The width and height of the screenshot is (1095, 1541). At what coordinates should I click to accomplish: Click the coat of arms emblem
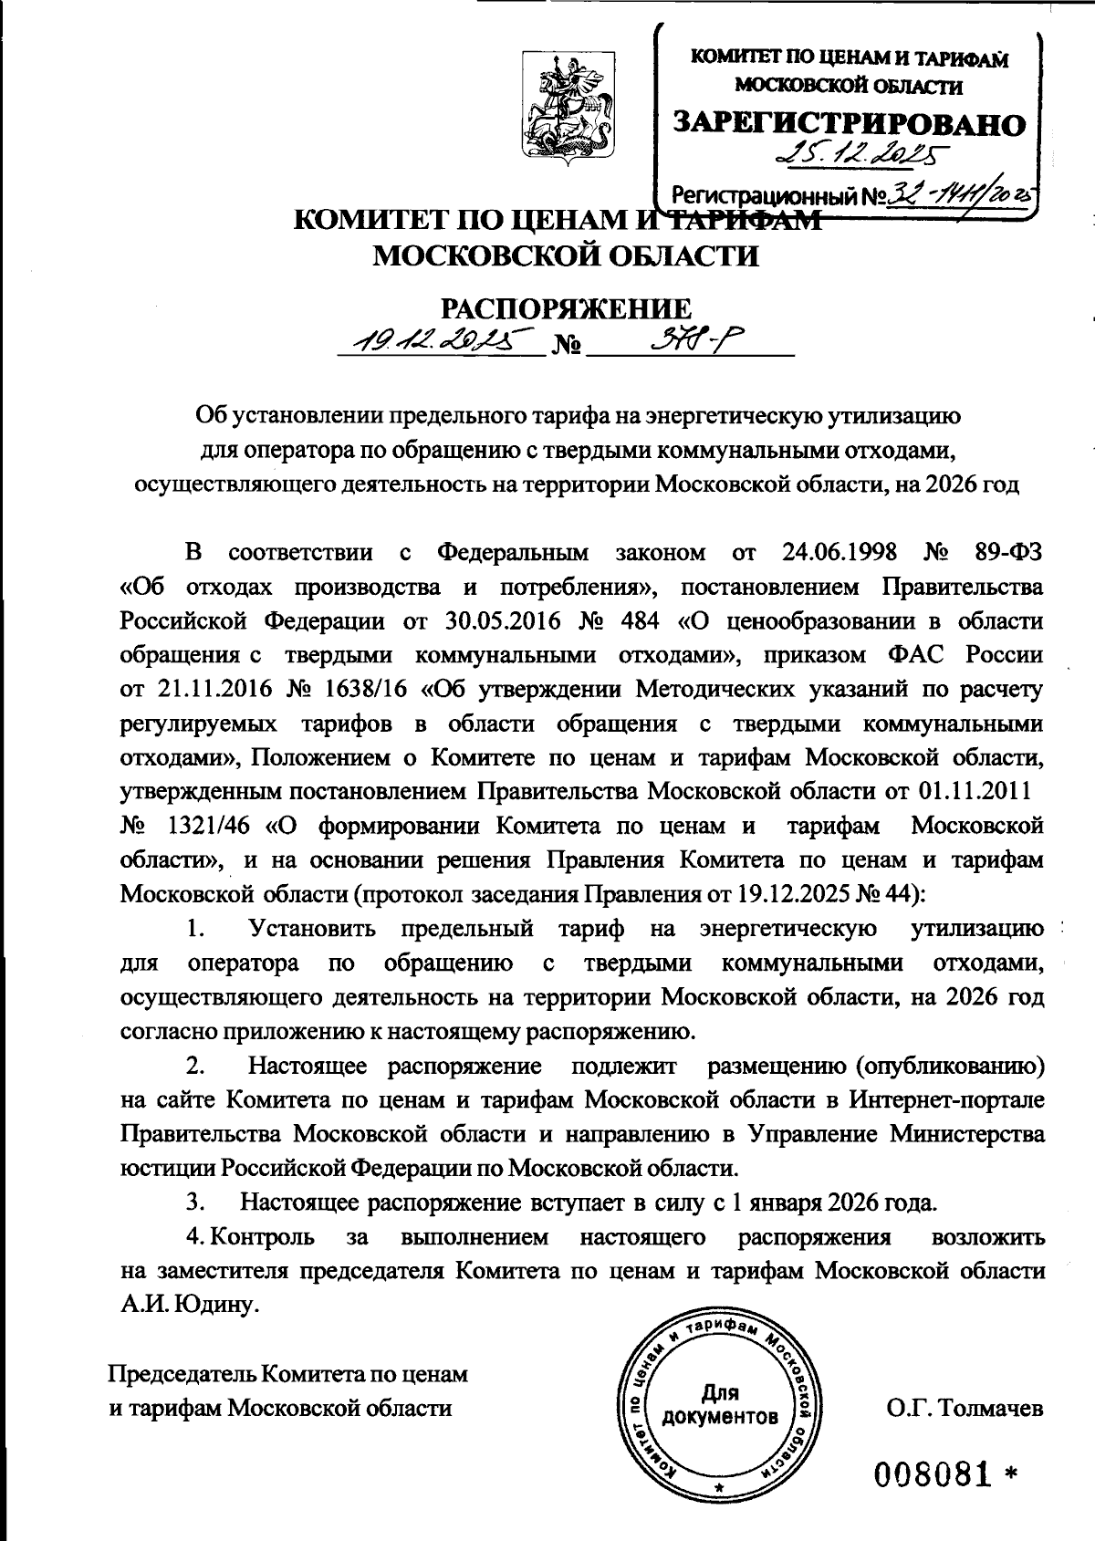click(563, 107)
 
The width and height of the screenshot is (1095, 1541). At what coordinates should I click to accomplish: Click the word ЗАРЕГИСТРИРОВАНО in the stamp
click(849, 123)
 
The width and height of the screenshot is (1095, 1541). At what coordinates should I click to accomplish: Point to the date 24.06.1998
click(840, 553)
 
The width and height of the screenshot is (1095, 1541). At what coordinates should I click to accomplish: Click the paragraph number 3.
click(194, 1202)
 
